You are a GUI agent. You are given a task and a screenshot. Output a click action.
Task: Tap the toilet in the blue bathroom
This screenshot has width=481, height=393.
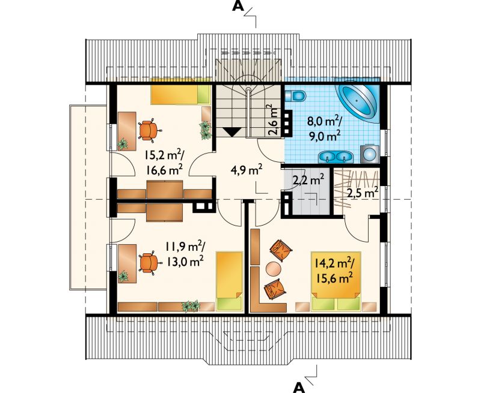pyautogui.click(x=295, y=96)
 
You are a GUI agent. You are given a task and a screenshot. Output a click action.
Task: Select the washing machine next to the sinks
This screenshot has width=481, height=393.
pyautogui.click(x=370, y=153)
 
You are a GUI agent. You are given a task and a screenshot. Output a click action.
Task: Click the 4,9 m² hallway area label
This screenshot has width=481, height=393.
pyautogui.click(x=247, y=170)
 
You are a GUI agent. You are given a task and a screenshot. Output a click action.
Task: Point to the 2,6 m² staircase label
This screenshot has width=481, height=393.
pyautogui.click(x=273, y=120)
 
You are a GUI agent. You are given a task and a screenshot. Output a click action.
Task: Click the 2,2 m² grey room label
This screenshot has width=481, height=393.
pyautogui.click(x=308, y=180)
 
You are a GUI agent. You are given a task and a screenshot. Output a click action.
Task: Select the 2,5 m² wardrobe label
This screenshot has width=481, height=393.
pyautogui.click(x=363, y=193)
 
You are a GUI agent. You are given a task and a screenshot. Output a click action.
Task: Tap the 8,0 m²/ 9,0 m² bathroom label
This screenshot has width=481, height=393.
pyautogui.click(x=325, y=130)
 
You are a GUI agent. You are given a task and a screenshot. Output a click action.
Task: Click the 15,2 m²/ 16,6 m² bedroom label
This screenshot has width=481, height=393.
pyautogui.click(x=164, y=163)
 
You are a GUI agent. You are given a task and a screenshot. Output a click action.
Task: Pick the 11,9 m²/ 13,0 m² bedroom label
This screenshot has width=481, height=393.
pyautogui.click(x=185, y=254)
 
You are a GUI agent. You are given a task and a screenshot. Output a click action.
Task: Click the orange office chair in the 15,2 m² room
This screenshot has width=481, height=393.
pyautogui.click(x=149, y=130)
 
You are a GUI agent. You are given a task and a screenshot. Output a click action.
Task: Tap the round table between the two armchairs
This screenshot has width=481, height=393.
pyautogui.click(x=273, y=270)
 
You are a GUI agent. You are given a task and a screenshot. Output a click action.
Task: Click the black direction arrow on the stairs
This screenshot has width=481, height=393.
pyautogui.click(x=231, y=132)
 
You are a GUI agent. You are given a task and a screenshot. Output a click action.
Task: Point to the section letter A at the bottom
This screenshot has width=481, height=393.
pyautogui.click(x=299, y=388)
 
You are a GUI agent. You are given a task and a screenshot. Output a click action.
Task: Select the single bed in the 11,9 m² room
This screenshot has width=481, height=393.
pyautogui.click(x=230, y=281)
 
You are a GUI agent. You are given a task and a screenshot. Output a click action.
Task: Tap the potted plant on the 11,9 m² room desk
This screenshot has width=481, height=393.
pyautogui.click(x=123, y=276)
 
